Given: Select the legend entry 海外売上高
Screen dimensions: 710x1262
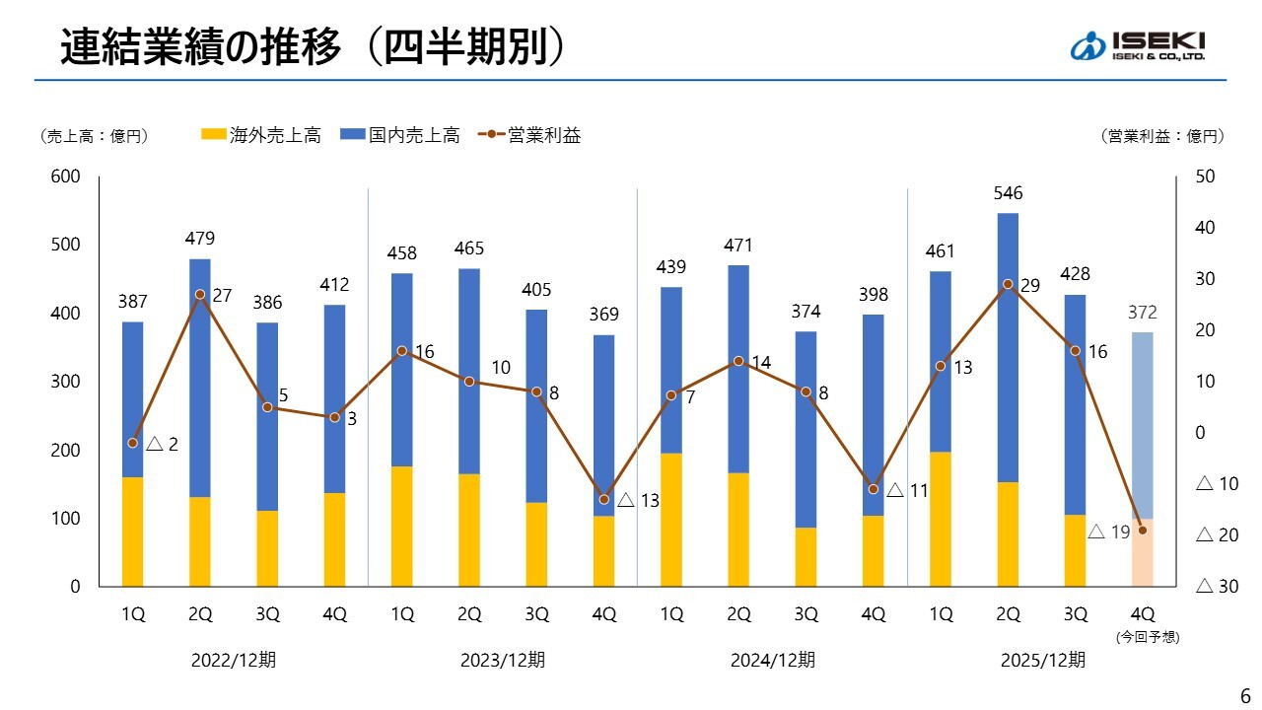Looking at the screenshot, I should coord(261,136).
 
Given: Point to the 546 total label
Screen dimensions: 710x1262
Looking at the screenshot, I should coord(1008,193).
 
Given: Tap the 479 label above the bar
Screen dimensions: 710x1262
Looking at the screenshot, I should coord(200,239).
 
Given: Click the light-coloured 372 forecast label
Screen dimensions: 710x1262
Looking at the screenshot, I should coord(1142,313).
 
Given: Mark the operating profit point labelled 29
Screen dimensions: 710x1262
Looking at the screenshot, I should coord(1008,284).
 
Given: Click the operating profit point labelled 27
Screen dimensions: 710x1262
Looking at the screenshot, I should coord(200,294).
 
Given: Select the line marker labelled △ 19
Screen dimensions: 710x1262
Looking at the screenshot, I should coord(1142,530).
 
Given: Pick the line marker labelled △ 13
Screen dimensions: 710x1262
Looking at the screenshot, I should coord(604,499).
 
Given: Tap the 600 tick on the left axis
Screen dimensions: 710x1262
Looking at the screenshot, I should coord(67,177).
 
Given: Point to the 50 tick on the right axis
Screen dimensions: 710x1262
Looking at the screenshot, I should coord(1204,177).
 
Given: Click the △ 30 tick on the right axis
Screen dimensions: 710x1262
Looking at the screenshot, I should coord(1216,587).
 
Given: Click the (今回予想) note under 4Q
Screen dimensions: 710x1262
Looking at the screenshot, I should coord(1142,637).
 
